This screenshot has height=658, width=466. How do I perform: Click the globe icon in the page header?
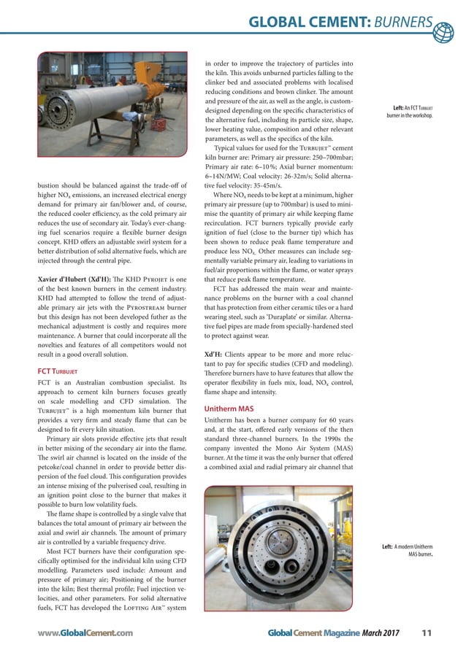coord(443,31)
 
